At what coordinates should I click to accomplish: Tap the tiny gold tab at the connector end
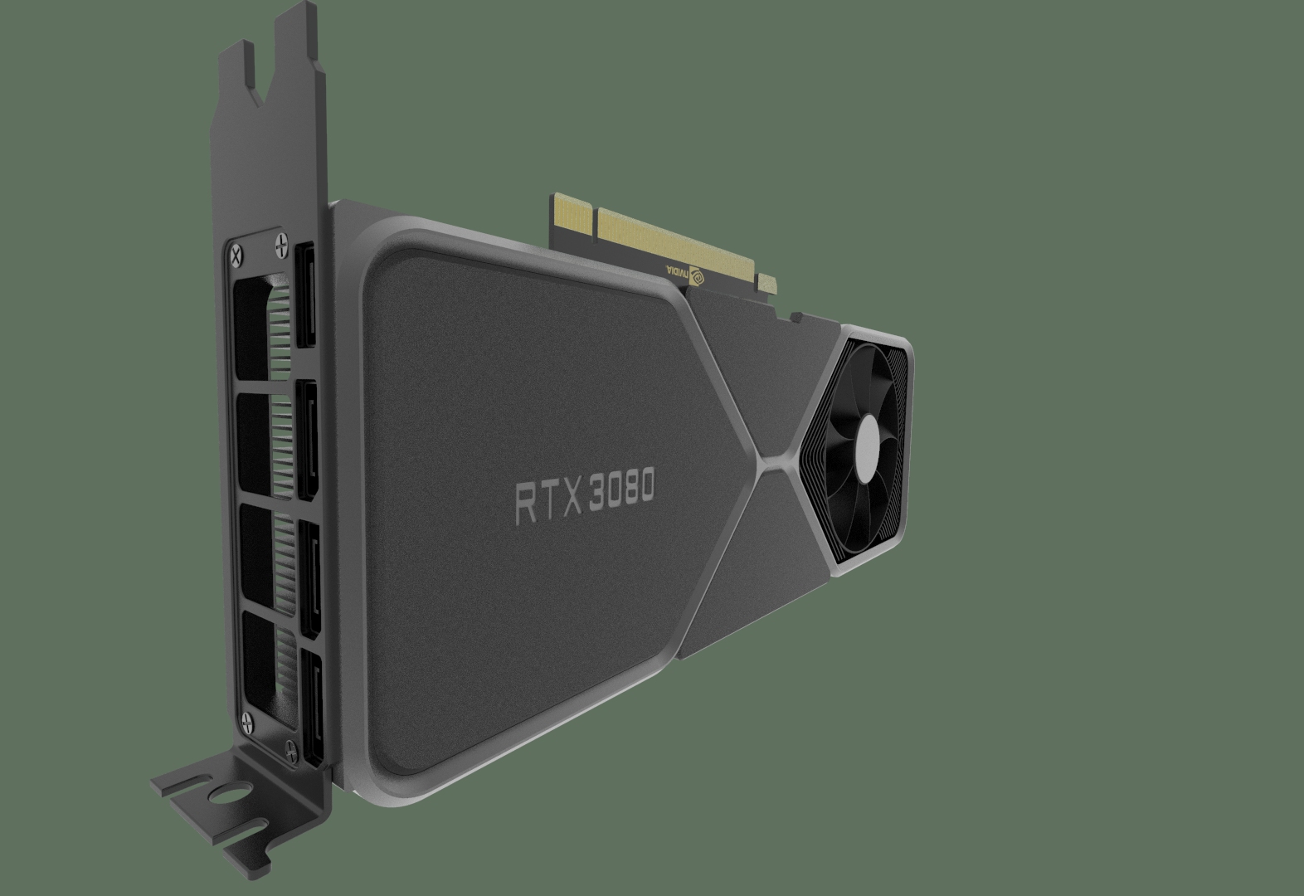[x=768, y=286]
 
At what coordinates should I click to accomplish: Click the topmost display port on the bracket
[x=304, y=296]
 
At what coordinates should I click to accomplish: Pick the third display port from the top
[x=308, y=581]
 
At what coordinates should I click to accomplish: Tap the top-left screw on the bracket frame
[x=239, y=251]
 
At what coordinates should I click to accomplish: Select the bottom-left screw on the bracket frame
[x=245, y=719]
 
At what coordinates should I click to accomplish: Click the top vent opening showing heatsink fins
[x=260, y=327]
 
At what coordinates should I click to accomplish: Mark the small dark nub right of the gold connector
[x=796, y=316]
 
